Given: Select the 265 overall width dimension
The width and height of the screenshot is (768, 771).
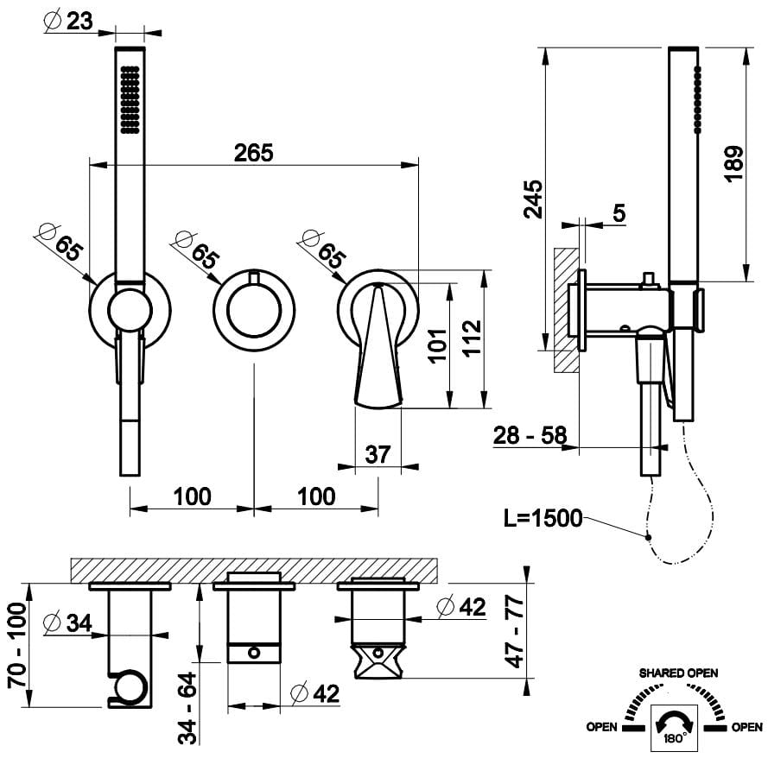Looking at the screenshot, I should (x=253, y=153).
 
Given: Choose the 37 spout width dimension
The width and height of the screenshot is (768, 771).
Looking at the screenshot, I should (x=378, y=454).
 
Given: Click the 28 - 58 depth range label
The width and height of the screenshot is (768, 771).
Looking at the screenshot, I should (x=530, y=436).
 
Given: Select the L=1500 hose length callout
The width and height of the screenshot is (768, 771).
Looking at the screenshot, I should (x=543, y=519).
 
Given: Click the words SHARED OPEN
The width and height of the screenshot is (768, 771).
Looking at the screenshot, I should (x=678, y=673).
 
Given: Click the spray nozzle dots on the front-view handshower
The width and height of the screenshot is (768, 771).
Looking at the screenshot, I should (x=130, y=101).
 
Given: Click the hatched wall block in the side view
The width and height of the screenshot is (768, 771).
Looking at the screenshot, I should (x=566, y=311).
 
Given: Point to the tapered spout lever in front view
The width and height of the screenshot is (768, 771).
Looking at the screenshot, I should (x=378, y=350).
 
